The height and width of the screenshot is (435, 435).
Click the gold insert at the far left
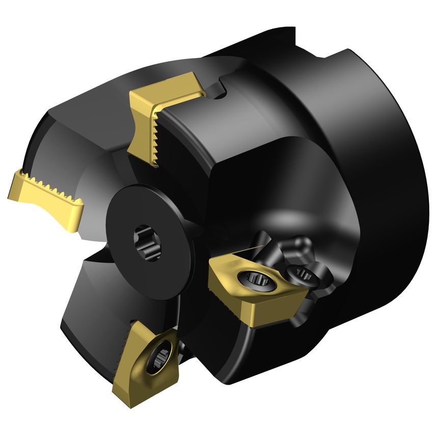46,196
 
